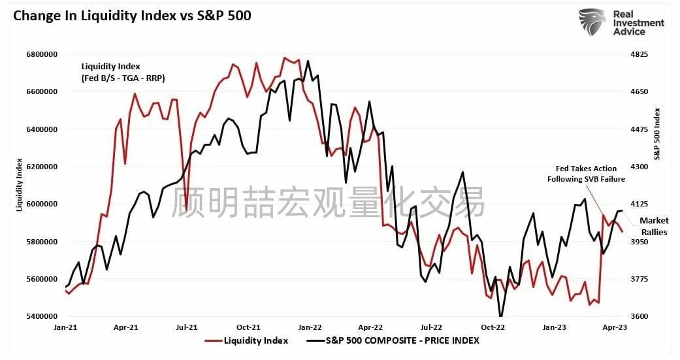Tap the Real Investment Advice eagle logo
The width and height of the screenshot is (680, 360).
click(592, 22)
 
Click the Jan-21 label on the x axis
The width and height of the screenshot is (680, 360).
click(65, 327)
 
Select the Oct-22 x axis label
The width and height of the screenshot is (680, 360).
click(493, 327)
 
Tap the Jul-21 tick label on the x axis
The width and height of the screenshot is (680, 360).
click(187, 327)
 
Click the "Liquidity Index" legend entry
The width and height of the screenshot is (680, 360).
click(255, 340)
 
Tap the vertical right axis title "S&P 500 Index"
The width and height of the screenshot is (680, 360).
click(658, 134)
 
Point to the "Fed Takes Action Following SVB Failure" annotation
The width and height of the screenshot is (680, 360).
click(586, 174)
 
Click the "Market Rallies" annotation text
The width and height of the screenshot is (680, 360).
click(653, 226)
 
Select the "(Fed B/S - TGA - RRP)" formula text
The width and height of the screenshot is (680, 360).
click(123, 78)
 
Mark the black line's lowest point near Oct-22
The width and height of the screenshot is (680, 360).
click(501, 316)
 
